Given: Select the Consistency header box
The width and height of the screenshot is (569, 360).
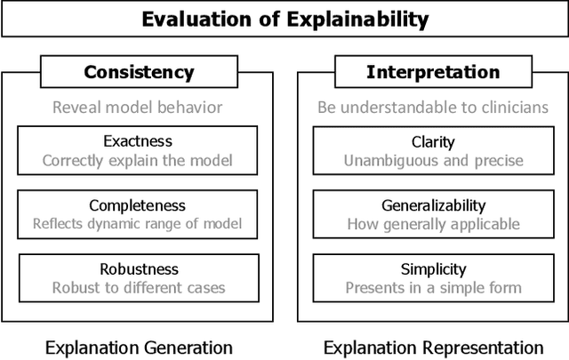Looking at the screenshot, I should [138, 72].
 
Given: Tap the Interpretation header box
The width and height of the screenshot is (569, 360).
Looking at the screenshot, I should [433, 72].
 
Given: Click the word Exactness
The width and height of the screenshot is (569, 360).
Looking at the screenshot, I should [137, 140].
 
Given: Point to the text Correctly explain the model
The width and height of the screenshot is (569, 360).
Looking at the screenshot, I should [137, 160].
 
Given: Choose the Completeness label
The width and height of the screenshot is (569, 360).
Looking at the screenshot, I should [137, 205].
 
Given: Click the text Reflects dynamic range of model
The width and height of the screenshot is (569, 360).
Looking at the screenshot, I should [137, 224].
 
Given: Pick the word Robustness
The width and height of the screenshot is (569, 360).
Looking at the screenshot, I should [139, 268].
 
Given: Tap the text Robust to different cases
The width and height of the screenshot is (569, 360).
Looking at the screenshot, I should [139, 287].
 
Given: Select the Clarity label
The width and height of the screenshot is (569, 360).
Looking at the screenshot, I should [433, 141].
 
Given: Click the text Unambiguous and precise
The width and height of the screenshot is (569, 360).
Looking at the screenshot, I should [433, 160].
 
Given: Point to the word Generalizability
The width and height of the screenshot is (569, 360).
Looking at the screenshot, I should [433, 205].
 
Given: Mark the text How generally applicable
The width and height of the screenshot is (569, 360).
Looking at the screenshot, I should [433, 224].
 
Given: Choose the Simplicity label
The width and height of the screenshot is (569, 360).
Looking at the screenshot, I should [433, 268].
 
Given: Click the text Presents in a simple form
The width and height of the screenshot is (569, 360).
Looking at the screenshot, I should [433, 287].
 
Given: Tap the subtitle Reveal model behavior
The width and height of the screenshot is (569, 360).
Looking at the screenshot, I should [138, 108].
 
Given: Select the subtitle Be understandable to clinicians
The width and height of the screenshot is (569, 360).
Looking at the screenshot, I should [433, 108].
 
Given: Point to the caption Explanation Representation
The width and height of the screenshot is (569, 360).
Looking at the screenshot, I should [433, 347].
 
